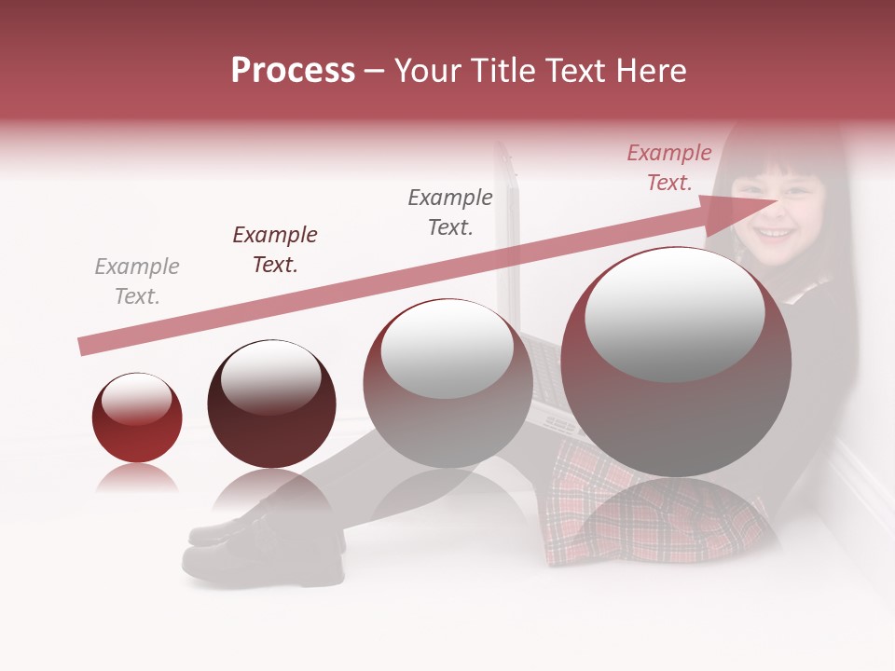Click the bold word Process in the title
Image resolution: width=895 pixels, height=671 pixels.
[293, 71]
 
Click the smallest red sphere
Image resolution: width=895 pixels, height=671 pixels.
[137, 418]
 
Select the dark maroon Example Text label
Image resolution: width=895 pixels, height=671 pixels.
[275, 249]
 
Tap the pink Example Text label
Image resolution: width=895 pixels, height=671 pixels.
[669, 167]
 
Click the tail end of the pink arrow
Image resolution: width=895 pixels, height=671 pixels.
[84, 347]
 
